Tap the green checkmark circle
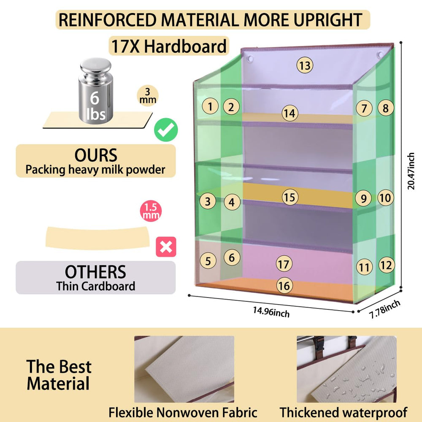click(x=166, y=130)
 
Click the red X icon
click(x=166, y=247)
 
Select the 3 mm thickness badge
click(x=147, y=95)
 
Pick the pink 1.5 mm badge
click(x=151, y=211)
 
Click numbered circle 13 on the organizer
click(x=305, y=65)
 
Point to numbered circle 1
click(x=210, y=106)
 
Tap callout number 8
click(x=386, y=108)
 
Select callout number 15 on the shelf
click(x=290, y=197)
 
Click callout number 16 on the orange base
click(x=284, y=286)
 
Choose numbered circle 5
click(x=208, y=261)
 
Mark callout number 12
click(x=387, y=265)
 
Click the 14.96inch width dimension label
click(x=271, y=312)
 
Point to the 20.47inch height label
click(x=411, y=171)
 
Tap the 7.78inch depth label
click(x=384, y=309)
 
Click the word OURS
click(x=96, y=155)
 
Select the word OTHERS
click(x=95, y=272)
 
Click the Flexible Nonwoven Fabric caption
click(x=183, y=412)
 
